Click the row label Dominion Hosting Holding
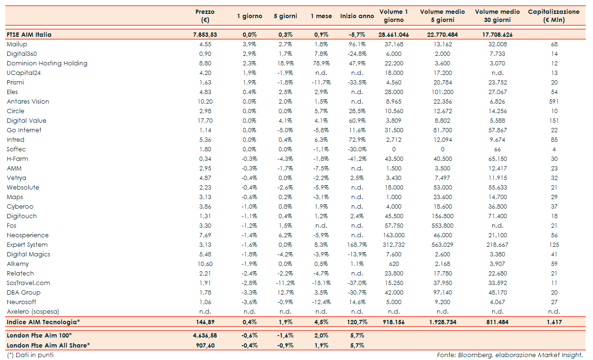tap(47, 64)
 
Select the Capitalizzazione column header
tap(553, 16)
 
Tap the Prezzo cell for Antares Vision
tap(205, 102)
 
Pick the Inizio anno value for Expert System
tap(357, 245)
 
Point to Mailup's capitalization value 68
tap(554, 44)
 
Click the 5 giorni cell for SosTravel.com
tap(285, 283)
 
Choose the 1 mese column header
tap(321, 16)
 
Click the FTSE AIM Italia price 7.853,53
tap(205, 35)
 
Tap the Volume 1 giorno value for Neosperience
tap(394, 235)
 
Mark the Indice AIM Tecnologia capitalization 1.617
tap(554, 322)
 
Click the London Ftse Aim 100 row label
tap(39, 336)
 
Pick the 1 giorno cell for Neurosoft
tap(249, 302)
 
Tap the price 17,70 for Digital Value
tap(205, 121)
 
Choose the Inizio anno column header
tap(357, 16)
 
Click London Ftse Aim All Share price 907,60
tap(205, 345)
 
